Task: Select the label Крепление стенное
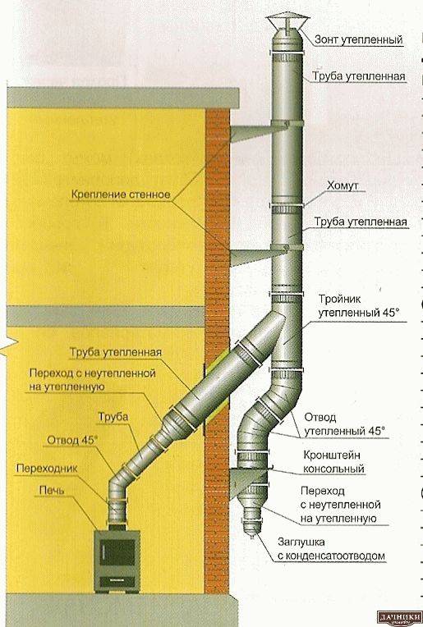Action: (x=119, y=195)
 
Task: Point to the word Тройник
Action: (x=333, y=300)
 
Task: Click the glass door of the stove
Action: (x=117, y=552)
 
